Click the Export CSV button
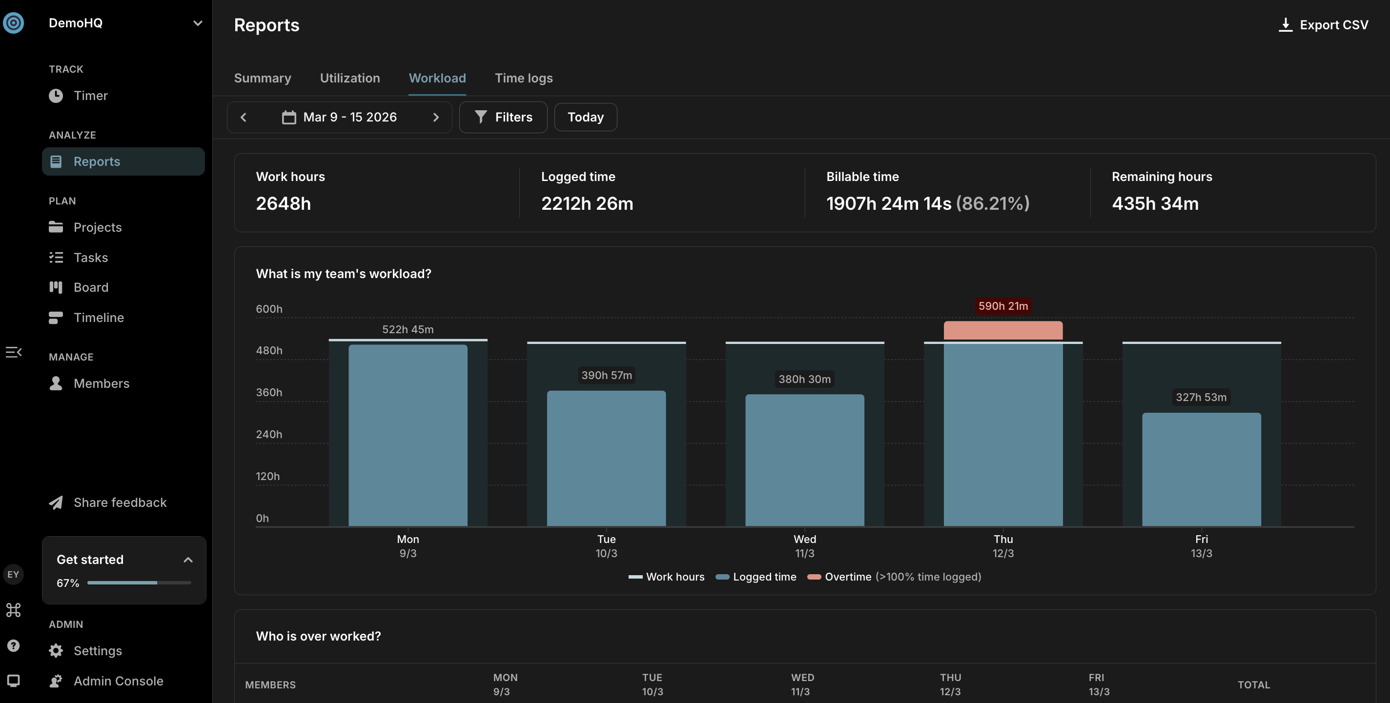1323,25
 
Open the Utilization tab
349,78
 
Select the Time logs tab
523,78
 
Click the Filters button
503,117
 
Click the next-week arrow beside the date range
436,117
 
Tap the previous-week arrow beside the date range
244,117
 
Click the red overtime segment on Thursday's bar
1003,331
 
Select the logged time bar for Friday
1202,469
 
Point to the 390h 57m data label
607,375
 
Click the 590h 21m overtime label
1003,306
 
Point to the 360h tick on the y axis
269,392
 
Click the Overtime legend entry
894,577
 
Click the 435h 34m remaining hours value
1155,203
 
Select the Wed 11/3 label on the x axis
804,546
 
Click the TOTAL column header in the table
1253,684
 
